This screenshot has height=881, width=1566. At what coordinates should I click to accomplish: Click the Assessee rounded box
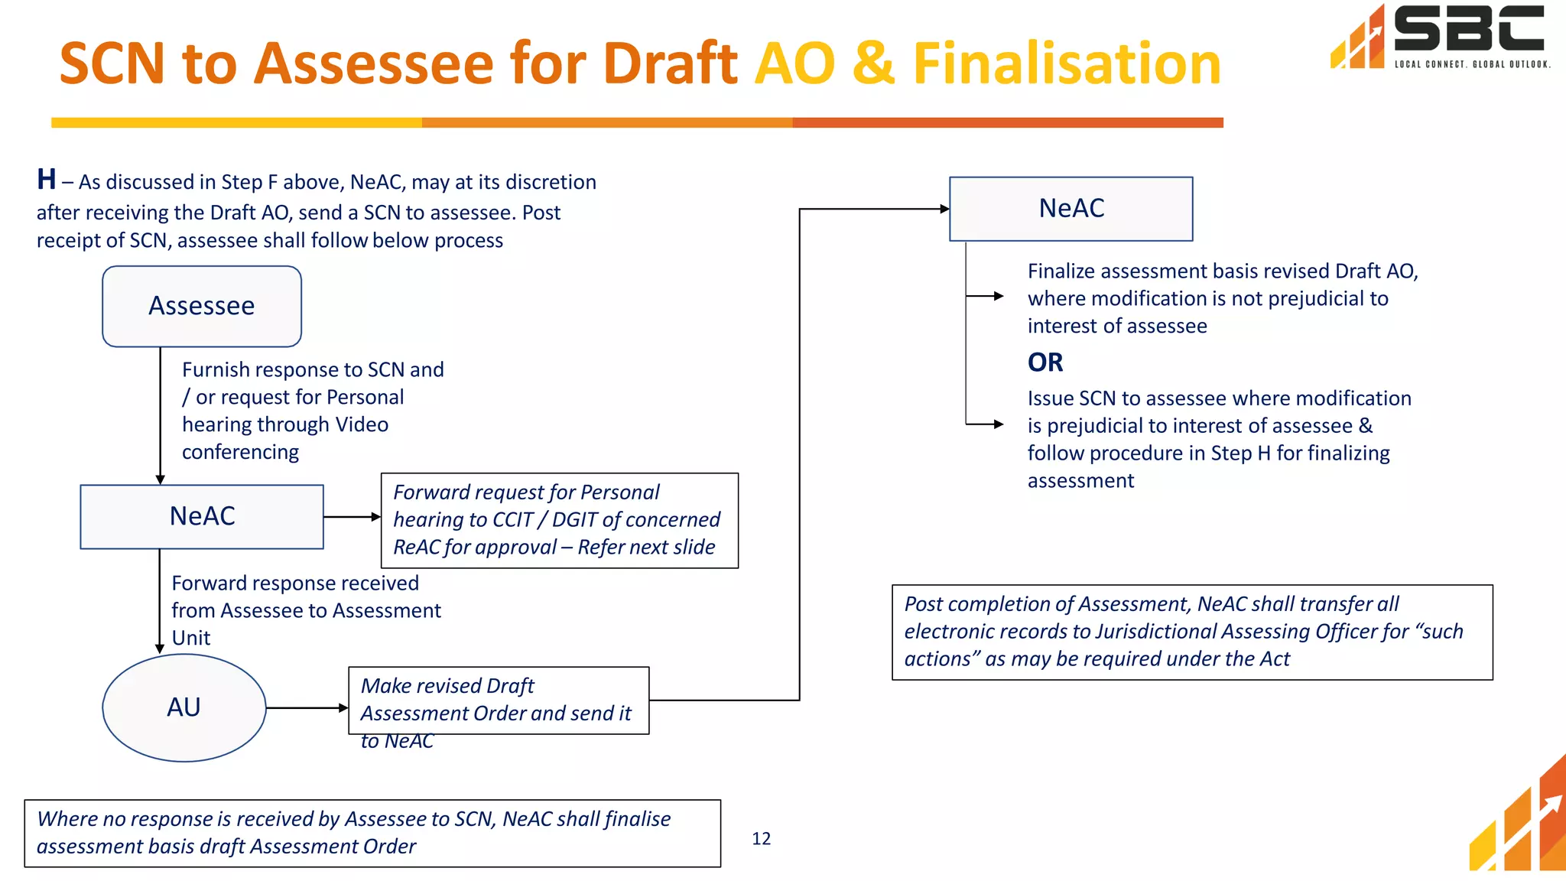pyautogui.click(x=202, y=306)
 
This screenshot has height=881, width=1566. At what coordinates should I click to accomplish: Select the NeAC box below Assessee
pyautogui.click(x=202, y=516)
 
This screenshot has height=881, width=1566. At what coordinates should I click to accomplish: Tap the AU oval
pyautogui.click(x=184, y=707)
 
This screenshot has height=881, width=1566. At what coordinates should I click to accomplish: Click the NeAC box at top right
pyautogui.click(x=1071, y=209)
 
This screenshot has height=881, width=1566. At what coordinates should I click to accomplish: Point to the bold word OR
pyautogui.click(x=1045, y=362)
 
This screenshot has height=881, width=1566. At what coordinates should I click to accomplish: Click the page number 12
pyautogui.click(x=761, y=839)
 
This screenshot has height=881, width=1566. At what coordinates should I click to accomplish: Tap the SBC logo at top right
pyautogui.click(x=1441, y=37)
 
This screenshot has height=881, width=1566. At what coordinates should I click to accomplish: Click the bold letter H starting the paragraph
pyautogui.click(x=47, y=180)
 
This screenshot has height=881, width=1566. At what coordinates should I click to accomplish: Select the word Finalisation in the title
pyautogui.click(x=1067, y=63)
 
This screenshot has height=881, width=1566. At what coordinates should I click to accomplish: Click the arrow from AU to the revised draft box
pyautogui.click(x=307, y=708)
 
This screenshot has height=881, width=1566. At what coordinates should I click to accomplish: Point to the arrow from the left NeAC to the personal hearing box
pyautogui.click(x=352, y=517)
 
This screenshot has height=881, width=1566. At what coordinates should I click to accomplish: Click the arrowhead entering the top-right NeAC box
pyautogui.click(x=944, y=209)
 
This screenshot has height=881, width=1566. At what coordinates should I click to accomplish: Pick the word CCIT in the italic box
pyautogui.click(x=512, y=520)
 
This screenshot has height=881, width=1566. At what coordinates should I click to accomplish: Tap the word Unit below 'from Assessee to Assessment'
pyautogui.click(x=191, y=638)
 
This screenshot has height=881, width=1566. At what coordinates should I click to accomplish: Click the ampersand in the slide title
pyautogui.click(x=873, y=63)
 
